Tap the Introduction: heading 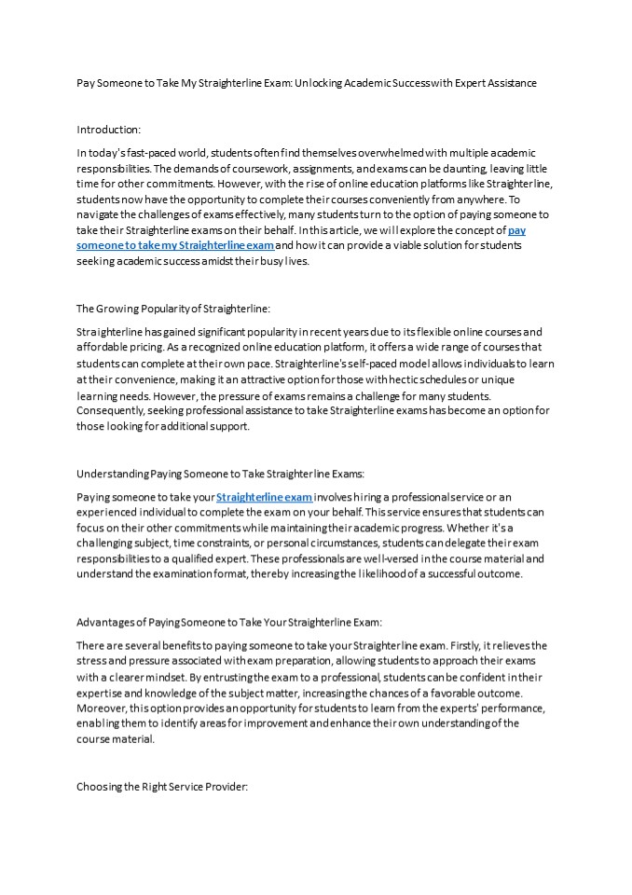[108, 130]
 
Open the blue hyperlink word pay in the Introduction [516, 230]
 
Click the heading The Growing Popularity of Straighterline [168, 308]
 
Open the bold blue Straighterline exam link [265, 497]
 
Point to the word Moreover [103, 709]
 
